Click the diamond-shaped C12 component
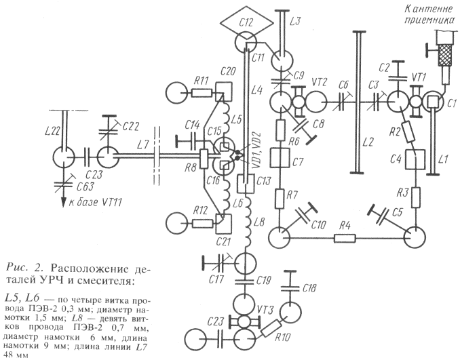(x=245, y=22)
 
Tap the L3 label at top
(x=294, y=22)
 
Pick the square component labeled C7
(x=280, y=162)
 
